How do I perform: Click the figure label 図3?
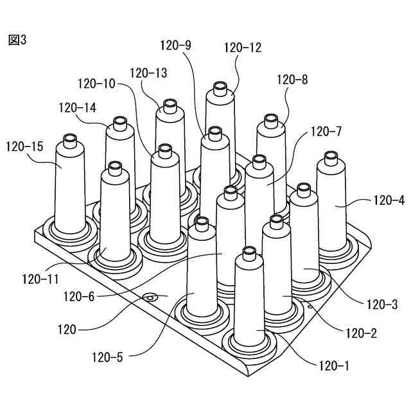tap(17, 40)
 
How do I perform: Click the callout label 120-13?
tap(148, 73)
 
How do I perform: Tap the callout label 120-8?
tap(292, 80)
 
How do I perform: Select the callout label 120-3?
tap(383, 304)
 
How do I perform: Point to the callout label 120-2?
tap(361, 333)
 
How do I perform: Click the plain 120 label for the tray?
tap(66, 330)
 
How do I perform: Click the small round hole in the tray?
tap(150, 297)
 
